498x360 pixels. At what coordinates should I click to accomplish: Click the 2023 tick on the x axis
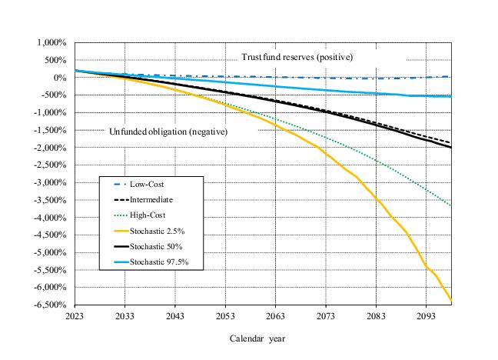point(75,315)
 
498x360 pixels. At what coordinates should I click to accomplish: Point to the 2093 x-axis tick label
point(426,315)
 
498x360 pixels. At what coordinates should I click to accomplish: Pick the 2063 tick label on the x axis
point(275,315)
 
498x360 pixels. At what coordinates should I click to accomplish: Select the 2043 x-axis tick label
point(175,315)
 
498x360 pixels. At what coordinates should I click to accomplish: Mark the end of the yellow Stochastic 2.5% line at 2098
point(451,300)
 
